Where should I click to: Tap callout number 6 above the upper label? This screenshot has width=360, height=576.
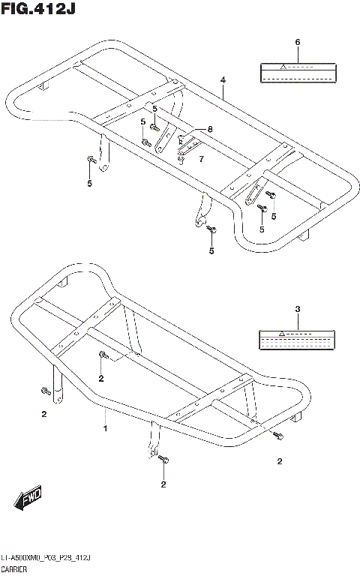(x=298, y=42)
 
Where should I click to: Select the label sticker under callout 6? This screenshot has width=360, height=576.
(x=298, y=72)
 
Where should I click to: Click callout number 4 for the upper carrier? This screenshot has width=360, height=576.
(x=223, y=80)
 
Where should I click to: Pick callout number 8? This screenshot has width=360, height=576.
(x=210, y=129)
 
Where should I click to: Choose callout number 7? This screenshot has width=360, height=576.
(x=201, y=158)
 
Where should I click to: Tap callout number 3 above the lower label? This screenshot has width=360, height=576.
(x=298, y=309)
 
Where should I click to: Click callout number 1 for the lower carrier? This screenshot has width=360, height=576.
(x=106, y=429)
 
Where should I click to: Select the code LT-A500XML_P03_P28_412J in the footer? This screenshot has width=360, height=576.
(x=46, y=559)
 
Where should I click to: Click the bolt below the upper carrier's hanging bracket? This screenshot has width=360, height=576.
(x=212, y=229)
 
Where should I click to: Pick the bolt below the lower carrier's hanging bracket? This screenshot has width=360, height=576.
(x=163, y=460)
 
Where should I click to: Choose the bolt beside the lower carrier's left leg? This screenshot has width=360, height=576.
(x=46, y=390)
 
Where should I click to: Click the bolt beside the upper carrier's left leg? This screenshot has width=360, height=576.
(x=91, y=159)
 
